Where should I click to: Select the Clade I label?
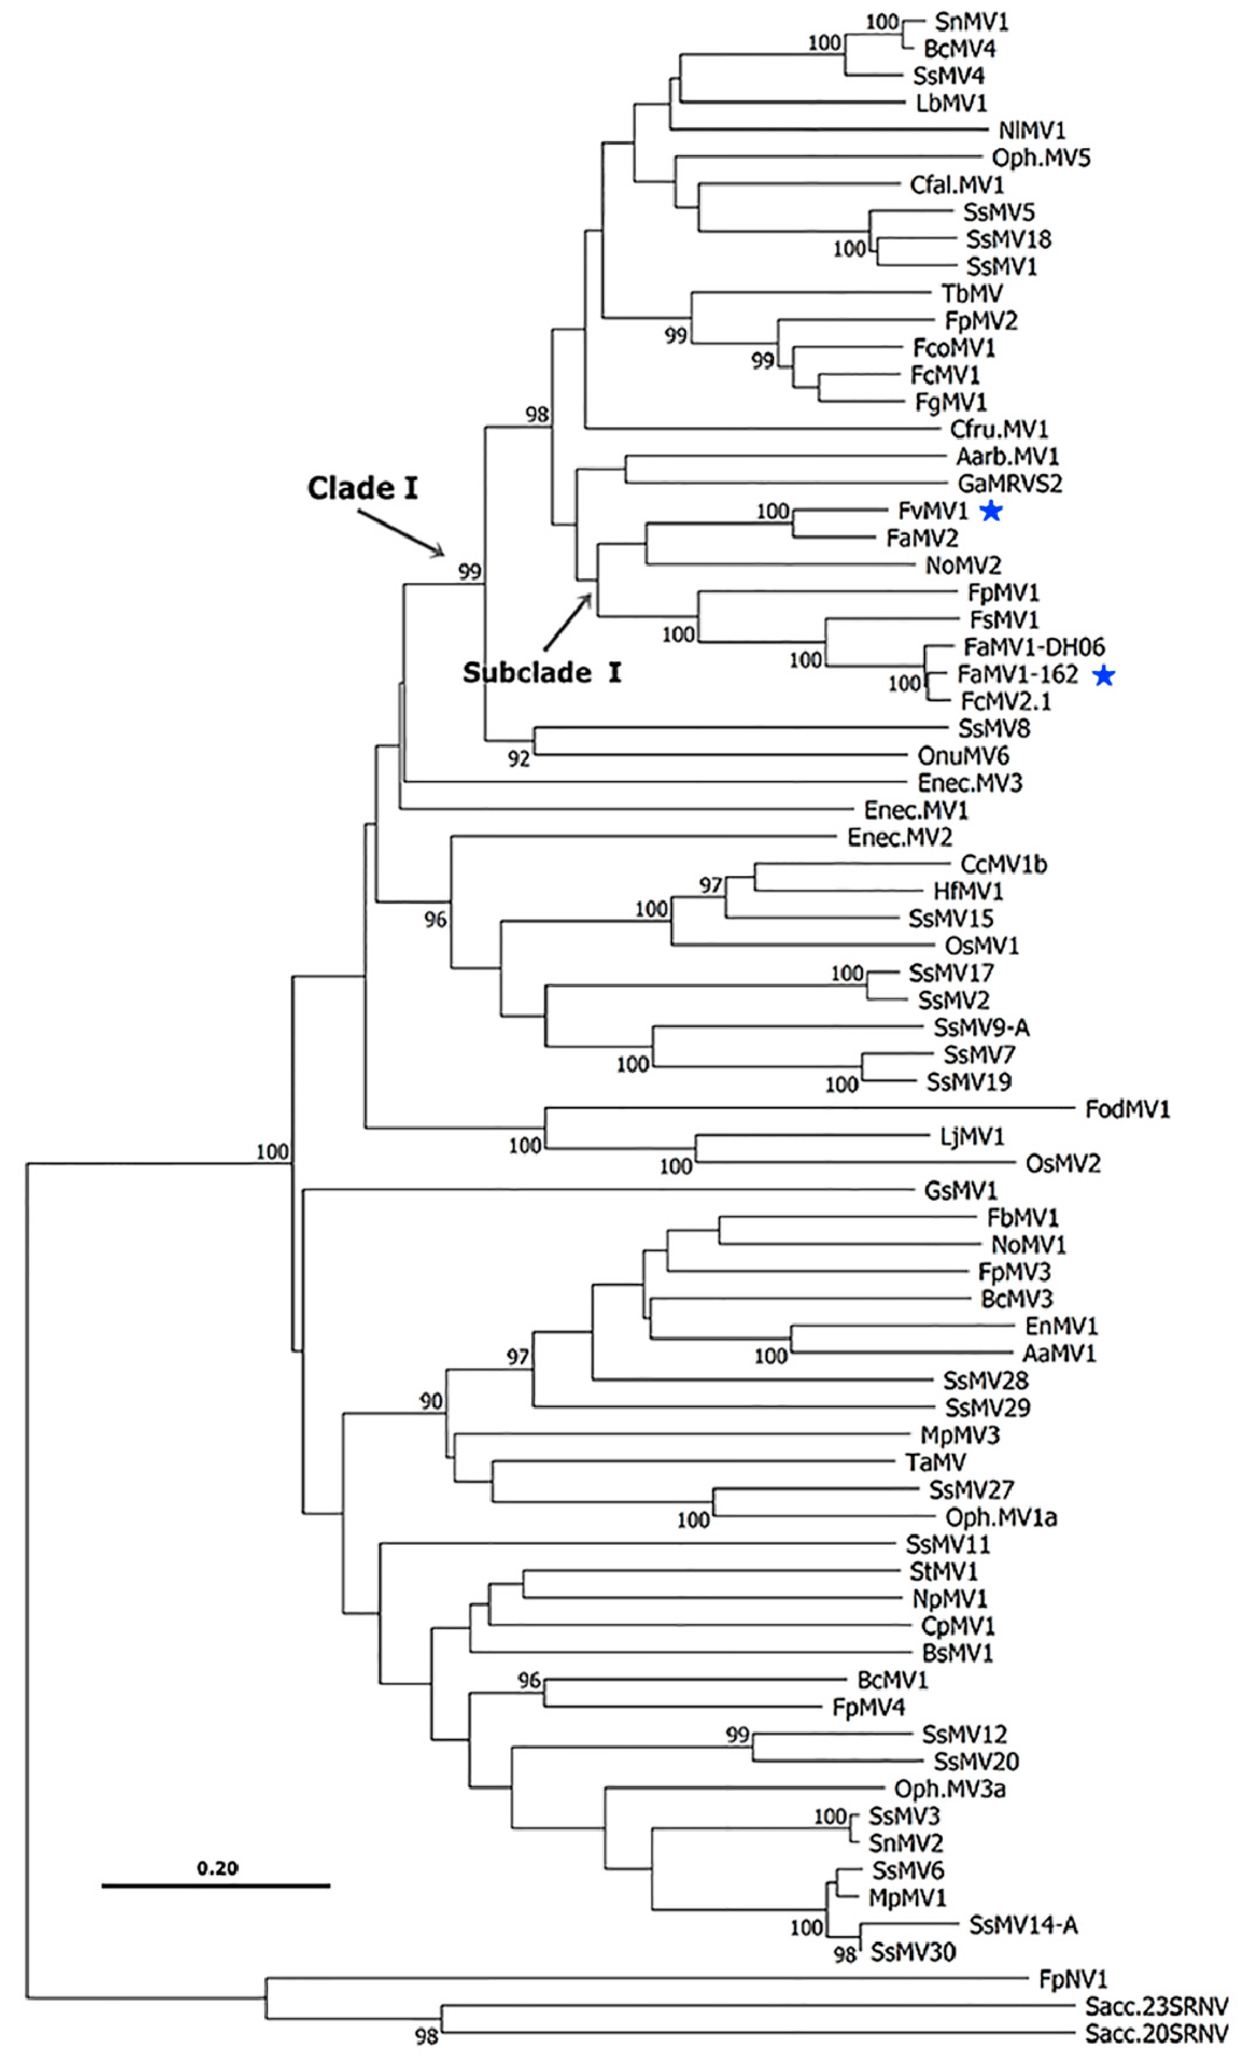(362, 488)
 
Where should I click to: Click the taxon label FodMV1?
(1127, 1109)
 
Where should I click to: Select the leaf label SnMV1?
(971, 21)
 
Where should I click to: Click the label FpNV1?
(1072, 1978)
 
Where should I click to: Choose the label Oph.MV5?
(1040, 158)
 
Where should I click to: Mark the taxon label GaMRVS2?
(1009, 483)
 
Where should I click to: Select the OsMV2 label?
(1063, 1163)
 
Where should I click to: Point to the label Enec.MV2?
(899, 837)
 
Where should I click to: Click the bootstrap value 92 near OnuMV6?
(518, 758)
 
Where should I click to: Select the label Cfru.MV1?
(999, 429)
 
